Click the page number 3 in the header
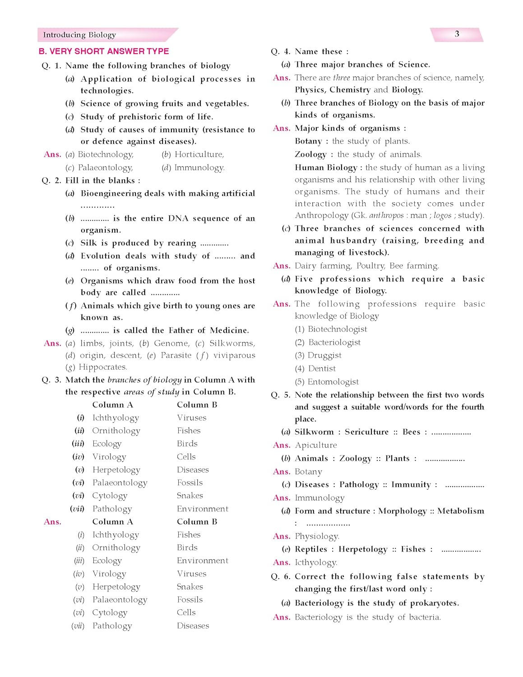pyautogui.click(x=457, y=34)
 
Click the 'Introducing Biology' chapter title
pyautogui.click(x=79, y=35)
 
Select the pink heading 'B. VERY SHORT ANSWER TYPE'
pyautogui.click(x=104, y=51)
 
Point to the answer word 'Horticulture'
pyautogui.click(x=199, y=154)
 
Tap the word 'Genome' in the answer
pyautogui.click(x=171, y=343)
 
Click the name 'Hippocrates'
pyautogui.click(x=103, y=367)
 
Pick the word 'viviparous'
pyautogui.click(x=234, y=355)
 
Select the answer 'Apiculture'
pyautogui.click(x=316, y=445)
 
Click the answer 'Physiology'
pyautogui.click(x=317, y=536)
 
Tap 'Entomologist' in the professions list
pyautogui.click(x=333, y=382)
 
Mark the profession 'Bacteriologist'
pyautogui.click(x=334, y=343)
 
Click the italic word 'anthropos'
pyautogui.click(x=386, y=215)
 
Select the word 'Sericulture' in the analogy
pyautogui.click(x=366, y=432)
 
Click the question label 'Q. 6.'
pyautogui.click(x=280, y=577)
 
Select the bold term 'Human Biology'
pyautogui.click(x=326, y=167)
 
